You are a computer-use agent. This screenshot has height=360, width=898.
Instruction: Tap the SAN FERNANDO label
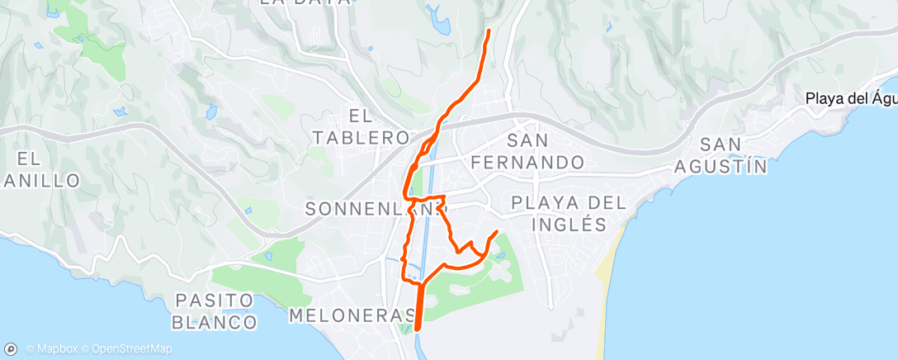click(528, 151)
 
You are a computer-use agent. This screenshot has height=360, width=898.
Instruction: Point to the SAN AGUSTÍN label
click(721, 155)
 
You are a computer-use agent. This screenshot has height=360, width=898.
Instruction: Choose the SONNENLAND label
click(370, 210)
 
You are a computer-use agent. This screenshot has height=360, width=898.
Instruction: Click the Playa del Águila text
click(850, 99)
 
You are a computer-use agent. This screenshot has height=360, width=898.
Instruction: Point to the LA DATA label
click(305, 2)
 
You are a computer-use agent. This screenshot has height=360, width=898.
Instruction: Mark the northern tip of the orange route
click(489, 31)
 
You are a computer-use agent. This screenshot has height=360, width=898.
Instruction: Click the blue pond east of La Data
click(439, 22)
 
